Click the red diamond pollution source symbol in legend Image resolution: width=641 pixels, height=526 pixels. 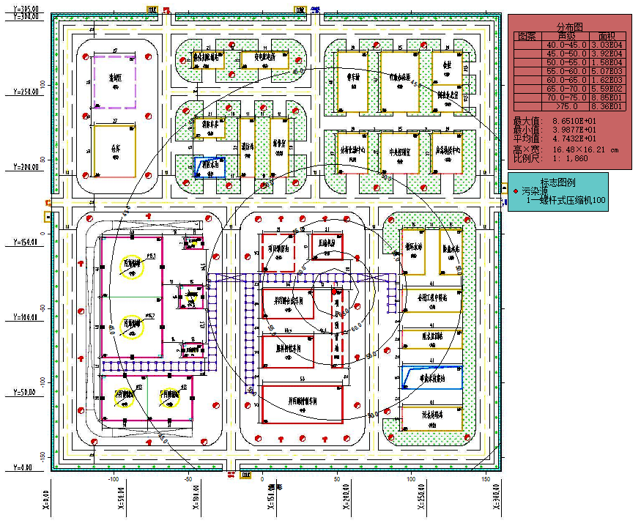[x=516, y=190]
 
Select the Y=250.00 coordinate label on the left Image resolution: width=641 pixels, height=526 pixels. [x=25, y=92]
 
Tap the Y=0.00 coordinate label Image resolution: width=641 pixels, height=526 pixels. [x=22, y=467]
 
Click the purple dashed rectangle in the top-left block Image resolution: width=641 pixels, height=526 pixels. [x=114, y=82]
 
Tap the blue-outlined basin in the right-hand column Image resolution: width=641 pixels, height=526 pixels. [x=431, y=378]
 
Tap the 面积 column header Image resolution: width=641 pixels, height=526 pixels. [x=606, y=36]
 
